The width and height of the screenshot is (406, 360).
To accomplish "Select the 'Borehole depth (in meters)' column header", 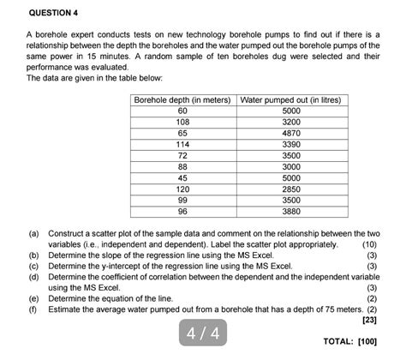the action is tap(182, 100).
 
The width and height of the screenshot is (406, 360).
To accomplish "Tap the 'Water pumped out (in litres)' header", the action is tap(290, 100).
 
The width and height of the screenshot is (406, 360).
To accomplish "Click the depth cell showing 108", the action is tap(182, 123).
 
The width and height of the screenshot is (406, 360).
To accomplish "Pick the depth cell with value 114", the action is tap(182, 145).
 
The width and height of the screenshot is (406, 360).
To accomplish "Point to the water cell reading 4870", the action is tap(290, 134).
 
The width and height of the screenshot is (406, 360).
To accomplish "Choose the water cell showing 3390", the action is tap(290, 145).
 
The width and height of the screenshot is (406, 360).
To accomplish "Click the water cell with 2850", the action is tap(290, 189).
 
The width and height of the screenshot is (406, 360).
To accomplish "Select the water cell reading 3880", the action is tap(290, 211).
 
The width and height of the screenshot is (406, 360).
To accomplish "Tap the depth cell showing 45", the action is tap(182, 177).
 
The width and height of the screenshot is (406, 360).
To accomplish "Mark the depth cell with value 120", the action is tap(182, 189).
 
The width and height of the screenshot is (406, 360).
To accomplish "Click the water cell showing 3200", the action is tap(290, 123).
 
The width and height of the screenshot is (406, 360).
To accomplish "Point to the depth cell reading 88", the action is tap(182, 166).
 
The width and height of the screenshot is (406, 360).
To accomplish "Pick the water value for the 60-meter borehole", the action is tap(290, 111).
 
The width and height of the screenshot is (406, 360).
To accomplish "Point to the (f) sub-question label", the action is tap(33, 309).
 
